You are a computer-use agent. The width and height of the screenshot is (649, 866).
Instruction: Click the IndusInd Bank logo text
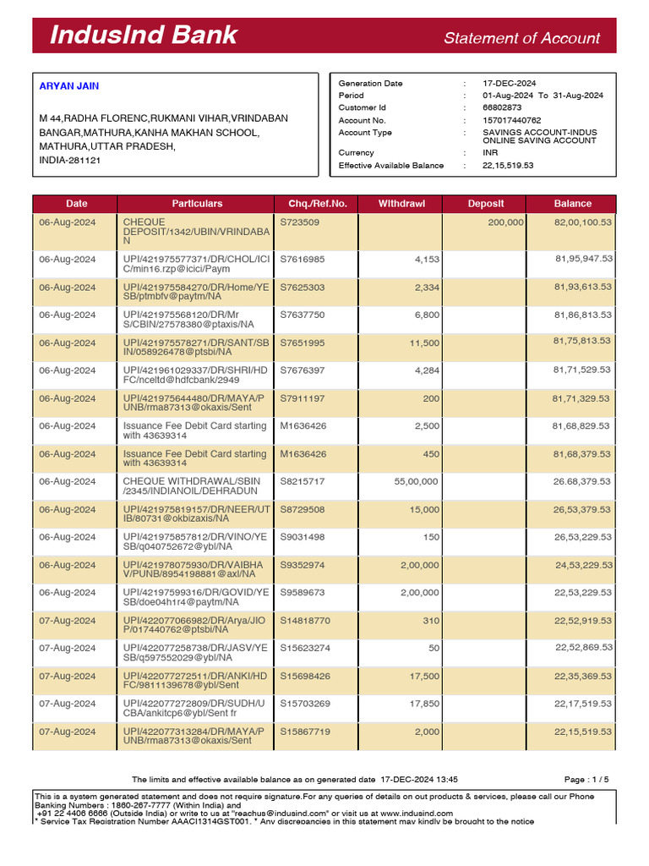pyautogui.click(x=143, y=36)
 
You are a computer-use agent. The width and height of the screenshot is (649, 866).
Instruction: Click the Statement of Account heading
pyautogui.click(x=521, y=38)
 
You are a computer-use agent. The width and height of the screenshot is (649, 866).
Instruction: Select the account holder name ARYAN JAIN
pyautogui.click(x=69, y=86)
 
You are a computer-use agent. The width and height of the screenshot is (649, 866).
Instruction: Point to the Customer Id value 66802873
pyautogui.click(x=502, y=107)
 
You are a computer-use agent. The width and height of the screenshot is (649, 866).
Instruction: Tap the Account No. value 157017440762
pyautogui.click(x=512, y=120)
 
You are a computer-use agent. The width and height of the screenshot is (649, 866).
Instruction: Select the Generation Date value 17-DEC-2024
pyautogui.click(x=510, y=84)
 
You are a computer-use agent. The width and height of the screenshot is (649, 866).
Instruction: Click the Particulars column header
pyautogui.click(x=197, y=204)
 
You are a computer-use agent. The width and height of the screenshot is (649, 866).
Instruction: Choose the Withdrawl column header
pyautogui.click(x=401, y=204)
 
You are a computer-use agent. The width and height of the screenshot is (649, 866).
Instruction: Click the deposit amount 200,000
pyautogui.click(x=505, y=222)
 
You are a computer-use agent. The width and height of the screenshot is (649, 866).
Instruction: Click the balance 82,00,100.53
pyautogui.click(x=583, y=222)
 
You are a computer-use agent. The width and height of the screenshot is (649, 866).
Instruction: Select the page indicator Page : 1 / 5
pyautogui.click(x=586, y=779)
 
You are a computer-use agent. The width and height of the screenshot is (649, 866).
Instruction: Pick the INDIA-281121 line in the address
pyautogui.click(x=69, y=160)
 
